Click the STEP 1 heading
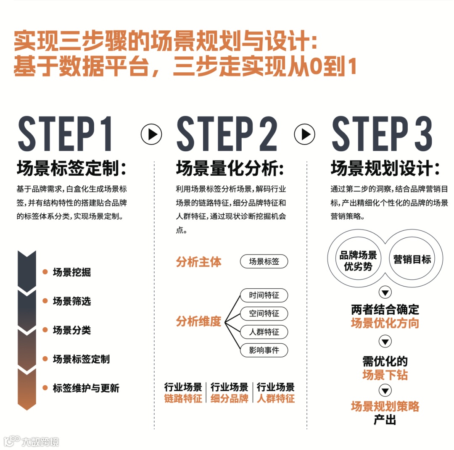click(x=66, y=134)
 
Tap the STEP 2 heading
click(x=227, y=134)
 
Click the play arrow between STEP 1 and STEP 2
click(x=151, y=134)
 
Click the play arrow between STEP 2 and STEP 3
click(x=305, y=134)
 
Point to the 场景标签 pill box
click(x=264, y=261)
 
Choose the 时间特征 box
click(x=264, y=295)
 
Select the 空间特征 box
click(x=264, y=313)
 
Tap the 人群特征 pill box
click(x=264, y=332)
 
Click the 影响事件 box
click(x=264, y=350)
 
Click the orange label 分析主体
click(x=198, y=262)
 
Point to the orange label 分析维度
click(x=198, y=321)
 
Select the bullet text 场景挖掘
click(x=72, y=272)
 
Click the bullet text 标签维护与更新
click(x=86, y=388)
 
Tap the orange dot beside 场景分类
click(x=45, y=330)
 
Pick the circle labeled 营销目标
click(x=412, y=259)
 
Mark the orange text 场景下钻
click(x=385, y=374)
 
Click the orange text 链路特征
click(x=183, y=398)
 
